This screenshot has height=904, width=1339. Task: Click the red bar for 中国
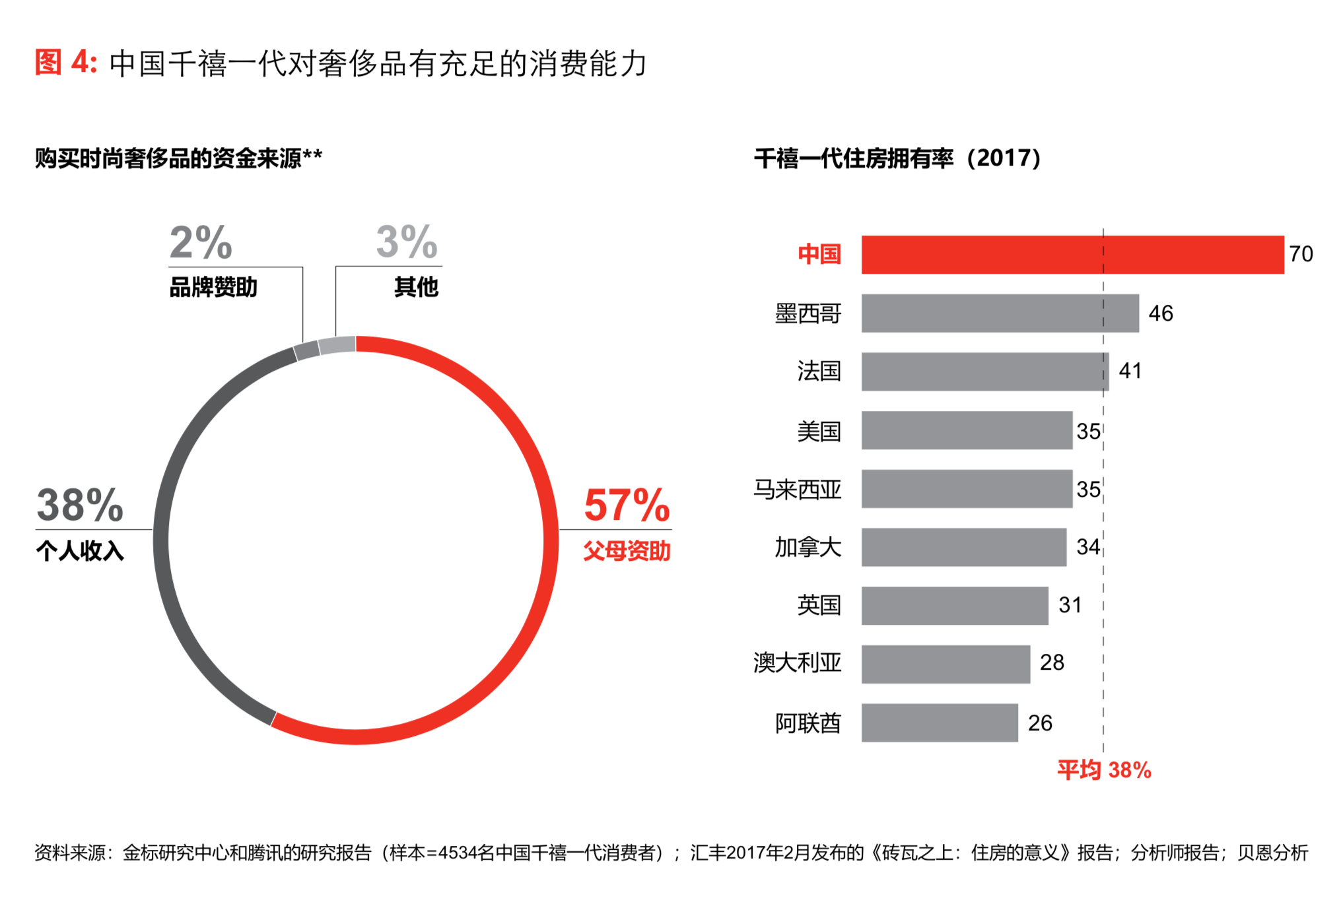(1072, 255)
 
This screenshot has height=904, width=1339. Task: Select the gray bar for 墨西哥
(1000, 313)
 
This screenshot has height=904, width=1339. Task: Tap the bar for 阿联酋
(939, 723)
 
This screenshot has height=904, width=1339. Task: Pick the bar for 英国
(954, 606)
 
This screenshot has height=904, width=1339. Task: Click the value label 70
(1301, 255)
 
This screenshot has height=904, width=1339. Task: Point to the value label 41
(1130, 371)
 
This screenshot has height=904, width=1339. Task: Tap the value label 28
(1052, 662)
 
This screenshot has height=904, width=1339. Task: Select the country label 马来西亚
(798, 490)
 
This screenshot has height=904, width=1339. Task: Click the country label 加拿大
(807, 548)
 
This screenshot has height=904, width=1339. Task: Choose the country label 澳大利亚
(798, 662)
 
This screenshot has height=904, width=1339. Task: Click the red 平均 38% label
(1104, 770)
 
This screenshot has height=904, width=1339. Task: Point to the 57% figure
(627, 505)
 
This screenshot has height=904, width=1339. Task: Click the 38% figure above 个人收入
(80, 505)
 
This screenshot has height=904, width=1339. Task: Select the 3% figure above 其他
(407, 242)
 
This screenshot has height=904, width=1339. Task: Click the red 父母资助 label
(627, 551)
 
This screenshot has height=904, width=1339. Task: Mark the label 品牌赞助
(213, 288)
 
